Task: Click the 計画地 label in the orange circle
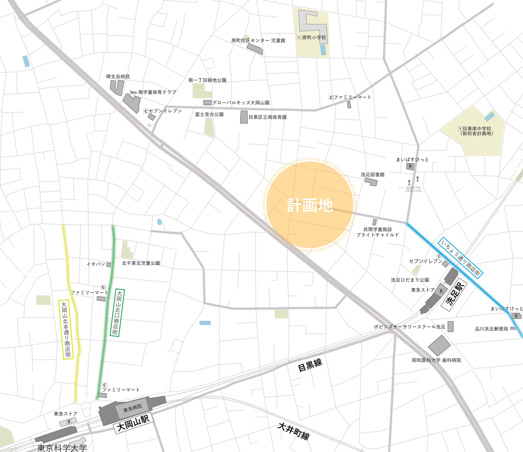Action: coord(310,205)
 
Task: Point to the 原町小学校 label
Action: coord(314,38)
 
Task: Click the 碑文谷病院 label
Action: coord(118,77)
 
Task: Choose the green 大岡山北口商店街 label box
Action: coord(117,312)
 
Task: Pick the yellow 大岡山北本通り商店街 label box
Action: coord(66,329)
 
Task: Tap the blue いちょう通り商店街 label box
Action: coord(460,258)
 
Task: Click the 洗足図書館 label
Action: coord(373,175)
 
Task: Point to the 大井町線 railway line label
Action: coord(294,431)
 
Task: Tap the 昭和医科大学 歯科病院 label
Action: coord(436,360)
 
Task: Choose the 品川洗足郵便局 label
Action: coord(491,329)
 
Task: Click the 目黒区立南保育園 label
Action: coord(267,117)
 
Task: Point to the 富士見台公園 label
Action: coord(209,115)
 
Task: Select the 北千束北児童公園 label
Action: coord(141,263)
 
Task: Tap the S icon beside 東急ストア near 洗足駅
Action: coord(441,291)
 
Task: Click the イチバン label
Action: coord(96,264)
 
